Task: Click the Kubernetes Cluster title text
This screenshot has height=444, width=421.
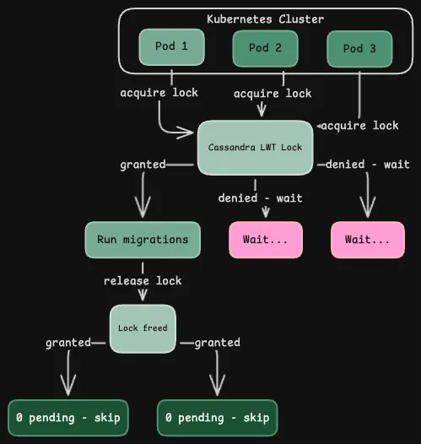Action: [x=265, y=19]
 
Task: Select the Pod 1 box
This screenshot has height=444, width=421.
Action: [x=172, y=46]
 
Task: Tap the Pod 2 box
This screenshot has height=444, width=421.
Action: [x=265, y=48]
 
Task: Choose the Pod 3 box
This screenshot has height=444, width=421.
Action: [x=359, y=49]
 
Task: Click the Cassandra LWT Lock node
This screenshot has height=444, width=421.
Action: [x=255, y=147]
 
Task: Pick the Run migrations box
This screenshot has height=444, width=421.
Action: [x=143, y=239]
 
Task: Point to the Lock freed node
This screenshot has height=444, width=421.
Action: [x=143, y=328]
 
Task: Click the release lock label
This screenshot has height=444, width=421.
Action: [x=143, y=280]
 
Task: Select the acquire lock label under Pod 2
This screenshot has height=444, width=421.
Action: [x=272, y=94]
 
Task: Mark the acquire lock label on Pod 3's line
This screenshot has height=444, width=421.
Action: [x=362, y=125]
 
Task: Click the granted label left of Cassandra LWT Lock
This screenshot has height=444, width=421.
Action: [x=142, y=165]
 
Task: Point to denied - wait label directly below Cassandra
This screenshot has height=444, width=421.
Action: [x=260, y=198]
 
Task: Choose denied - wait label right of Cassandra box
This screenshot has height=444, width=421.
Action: [x=368, y=165]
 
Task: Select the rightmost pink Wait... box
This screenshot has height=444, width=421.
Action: [x=367, y=240]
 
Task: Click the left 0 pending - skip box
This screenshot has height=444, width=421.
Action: [x=67, y=418]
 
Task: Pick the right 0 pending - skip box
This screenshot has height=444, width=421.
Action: [x=217, y=418]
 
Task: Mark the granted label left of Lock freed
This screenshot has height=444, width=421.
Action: [x=67, y=343]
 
